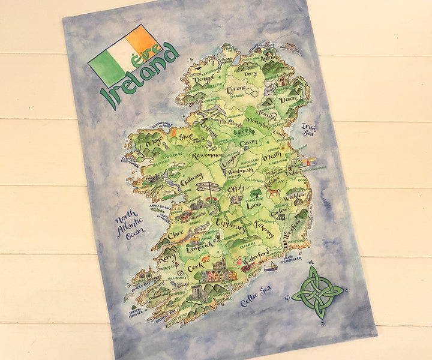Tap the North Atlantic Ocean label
click(131, 223)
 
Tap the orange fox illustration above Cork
click(206, 259)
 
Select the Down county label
click(289, 99)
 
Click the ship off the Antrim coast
click(290, 47)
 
